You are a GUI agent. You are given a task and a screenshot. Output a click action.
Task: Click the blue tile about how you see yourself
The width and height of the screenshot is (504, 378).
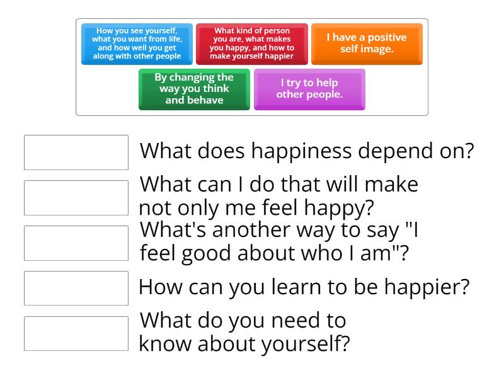pyautogui.click(x=137, y=44)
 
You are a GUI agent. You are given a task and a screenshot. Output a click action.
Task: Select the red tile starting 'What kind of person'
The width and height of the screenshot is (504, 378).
pyautogui.click(x=252, y=44)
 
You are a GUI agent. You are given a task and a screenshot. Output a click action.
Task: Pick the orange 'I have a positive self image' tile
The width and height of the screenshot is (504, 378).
pyautogui.click(x=367, y=44)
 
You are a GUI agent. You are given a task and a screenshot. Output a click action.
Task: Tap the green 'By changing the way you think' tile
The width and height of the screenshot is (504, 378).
pyautogui.click(x=194, y=89)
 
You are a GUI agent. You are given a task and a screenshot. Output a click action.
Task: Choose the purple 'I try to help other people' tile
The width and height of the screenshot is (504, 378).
pyautogui.click(x=309, y=89)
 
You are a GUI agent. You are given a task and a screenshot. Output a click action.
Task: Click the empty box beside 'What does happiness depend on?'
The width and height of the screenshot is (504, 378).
pyautogui.click(x=76, y=152)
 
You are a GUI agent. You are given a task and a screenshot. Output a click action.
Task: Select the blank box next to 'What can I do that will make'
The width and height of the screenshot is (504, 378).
pyautogui.click(x=76, y=198)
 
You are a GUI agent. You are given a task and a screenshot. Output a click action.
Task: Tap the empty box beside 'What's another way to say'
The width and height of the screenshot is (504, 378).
pyautogui.click(x=76, y=243)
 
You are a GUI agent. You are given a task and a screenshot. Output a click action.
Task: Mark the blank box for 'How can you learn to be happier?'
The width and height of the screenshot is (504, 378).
pyautogui.click(x=76, y=288)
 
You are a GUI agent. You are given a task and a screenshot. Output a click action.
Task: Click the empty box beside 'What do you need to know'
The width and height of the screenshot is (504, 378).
pyautogui.click(x=76, y=333)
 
